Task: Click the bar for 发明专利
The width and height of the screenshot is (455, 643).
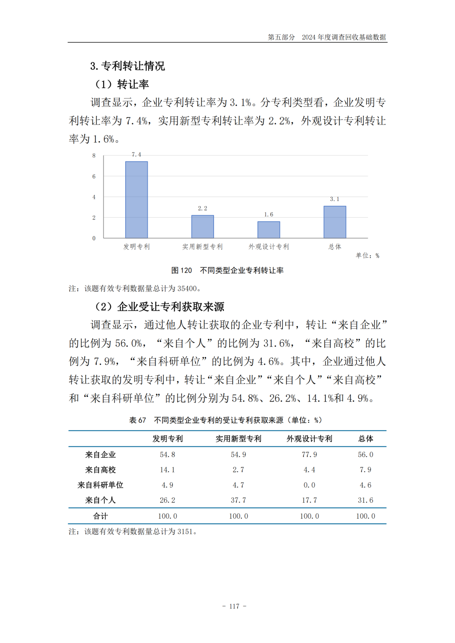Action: tap(136, 200)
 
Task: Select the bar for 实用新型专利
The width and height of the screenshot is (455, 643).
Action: tap(203, 227)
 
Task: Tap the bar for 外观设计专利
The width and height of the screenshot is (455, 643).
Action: tap(269, 229)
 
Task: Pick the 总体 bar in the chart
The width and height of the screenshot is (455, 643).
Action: tap(335, 222)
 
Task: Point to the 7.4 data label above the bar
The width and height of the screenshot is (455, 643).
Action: tap(136, 155)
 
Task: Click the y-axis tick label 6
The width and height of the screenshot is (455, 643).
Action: tap(94, 176)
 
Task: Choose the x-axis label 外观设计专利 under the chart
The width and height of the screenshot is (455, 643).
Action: tap(269, 247)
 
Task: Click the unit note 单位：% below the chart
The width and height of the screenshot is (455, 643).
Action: tap(367, 256)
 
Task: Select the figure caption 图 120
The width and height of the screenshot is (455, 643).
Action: tap(182, 270)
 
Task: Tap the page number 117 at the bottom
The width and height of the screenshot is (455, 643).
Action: tap(234, 606)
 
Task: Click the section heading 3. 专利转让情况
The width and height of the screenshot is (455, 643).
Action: tap(127, 66)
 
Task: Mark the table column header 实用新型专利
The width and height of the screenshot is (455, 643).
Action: tap(238, 439)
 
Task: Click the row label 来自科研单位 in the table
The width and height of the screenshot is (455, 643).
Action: tap(100, 485)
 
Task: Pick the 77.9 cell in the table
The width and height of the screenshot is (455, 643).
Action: tap(309, 455)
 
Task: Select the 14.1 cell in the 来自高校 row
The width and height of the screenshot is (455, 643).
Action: tap(167, 470)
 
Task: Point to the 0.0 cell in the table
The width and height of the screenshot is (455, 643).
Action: tap(309, 485)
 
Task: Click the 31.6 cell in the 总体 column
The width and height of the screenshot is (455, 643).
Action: tap(365, 500)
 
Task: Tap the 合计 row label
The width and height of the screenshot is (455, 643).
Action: tap(100, 516)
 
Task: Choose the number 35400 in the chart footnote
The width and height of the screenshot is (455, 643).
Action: tap(187, 289)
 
